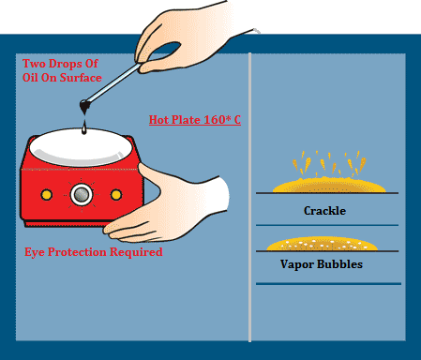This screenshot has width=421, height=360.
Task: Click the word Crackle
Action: point(324,211)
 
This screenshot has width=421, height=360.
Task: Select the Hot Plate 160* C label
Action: point(195,120)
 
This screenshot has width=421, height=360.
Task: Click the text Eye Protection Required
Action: point(93,252)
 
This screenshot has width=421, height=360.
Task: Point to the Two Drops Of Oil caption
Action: point(63,70)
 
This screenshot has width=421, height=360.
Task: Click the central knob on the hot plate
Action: point(82,194)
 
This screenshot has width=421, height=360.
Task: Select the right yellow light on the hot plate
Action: point(116,194)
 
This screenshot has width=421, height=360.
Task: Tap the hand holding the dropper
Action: point(188,33)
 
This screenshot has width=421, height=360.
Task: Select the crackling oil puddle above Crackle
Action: point(325,185)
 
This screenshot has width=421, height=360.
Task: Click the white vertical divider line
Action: point(249,187)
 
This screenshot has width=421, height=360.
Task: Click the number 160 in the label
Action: point(209,120)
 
